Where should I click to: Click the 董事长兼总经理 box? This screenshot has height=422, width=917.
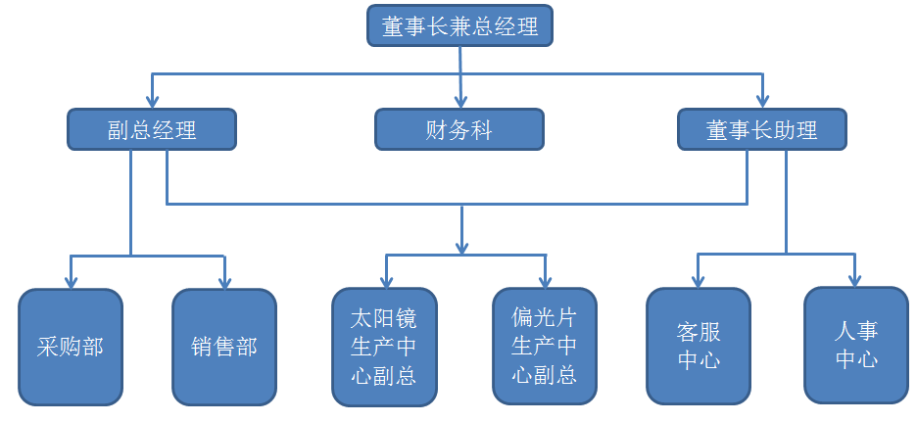coord(459,25)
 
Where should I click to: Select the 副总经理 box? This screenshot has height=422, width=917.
coord(152,129)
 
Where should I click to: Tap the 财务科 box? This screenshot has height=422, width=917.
coord(459,129)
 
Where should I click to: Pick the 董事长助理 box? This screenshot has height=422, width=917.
coord(762,129)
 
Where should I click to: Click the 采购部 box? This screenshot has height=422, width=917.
coord(72,347)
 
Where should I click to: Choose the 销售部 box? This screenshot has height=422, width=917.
coord(224,347)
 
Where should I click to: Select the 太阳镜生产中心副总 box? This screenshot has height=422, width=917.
coord(384,347)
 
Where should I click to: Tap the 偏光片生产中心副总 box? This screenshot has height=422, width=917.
coord(545,347)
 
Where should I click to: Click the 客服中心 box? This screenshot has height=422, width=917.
coord(699,347)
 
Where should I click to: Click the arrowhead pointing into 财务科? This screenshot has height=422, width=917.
coord(459,101)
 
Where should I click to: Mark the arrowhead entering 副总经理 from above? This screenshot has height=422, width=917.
coord(152,101)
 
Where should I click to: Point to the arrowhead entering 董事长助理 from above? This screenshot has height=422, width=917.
coord(762,101)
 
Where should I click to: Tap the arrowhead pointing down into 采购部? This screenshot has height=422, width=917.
coord(72,282)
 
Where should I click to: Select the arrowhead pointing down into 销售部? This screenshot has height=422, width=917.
coord(224,282)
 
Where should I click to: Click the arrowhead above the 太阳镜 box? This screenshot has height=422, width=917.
coord(385,282)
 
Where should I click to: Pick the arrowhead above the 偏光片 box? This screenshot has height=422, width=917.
coord(545,282)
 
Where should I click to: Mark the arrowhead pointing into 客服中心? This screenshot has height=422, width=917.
coord(699,282)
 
